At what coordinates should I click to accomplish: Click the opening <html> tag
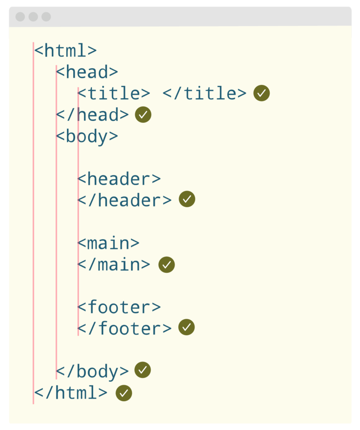[x=65, y=51]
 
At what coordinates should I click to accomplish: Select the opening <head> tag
[x=87, y=72]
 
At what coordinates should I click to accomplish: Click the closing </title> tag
[x=205, y=93]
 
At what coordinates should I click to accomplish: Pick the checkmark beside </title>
[x=262, y=93]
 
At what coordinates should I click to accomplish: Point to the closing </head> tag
[x=92, y=115]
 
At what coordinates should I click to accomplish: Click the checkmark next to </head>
[x=143, y=115]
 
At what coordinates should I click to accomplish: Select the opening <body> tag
[x=87, y=136]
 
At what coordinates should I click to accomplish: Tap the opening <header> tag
[x=119, y=179]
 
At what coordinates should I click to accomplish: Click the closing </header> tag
[x=124, y=200]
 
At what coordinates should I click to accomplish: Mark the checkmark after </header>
[x=187, y=199]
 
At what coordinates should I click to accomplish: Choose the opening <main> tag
[x=109, y=243]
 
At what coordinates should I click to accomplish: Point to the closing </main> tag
[x=114, y=264]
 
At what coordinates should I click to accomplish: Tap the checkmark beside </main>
[x=166, y=264]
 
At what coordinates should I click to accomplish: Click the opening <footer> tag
[x=119, y=307]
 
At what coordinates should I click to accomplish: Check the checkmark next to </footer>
[x=186, y=327]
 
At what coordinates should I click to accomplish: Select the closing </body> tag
[x=92, y=371]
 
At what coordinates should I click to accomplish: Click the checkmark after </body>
[x=143, y=370]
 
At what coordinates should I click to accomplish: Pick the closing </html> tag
[x=71, y=393]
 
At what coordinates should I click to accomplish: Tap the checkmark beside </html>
[x=124, y=393]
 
